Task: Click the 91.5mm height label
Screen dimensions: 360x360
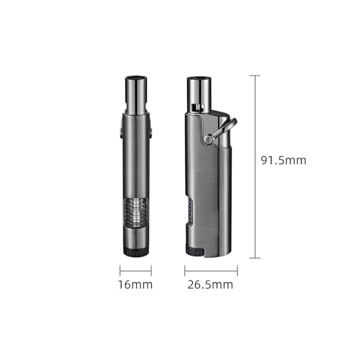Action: pos(284,161)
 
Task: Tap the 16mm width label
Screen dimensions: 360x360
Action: pos(135,284)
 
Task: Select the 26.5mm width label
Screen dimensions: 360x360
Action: pos(210,284)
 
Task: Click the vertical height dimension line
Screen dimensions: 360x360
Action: pos(255,167)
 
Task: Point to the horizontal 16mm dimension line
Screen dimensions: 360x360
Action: pos(135,271)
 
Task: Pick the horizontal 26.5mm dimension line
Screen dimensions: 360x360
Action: pos(211,271)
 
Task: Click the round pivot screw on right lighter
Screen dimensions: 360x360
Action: pos(208,138)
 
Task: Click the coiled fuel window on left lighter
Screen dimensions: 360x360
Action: pos(135,212)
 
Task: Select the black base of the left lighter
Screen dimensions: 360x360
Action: pos(135,252)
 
